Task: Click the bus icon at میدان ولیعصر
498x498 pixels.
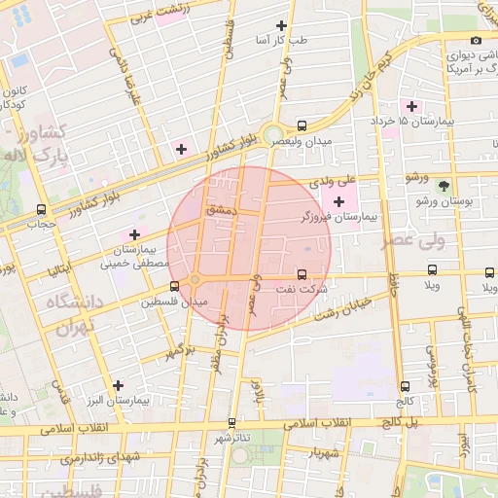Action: coord(302,125)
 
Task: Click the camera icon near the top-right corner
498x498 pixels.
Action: coord(476,40)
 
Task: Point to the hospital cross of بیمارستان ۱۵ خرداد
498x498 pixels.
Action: coord(411,106)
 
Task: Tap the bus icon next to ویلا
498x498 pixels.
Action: coord(433,270)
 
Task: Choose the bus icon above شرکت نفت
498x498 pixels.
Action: coord(302,274)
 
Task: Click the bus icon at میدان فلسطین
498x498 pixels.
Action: coord(174,286)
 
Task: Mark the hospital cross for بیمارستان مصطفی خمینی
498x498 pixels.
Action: coord(134,234)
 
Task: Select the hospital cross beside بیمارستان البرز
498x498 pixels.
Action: coord(119,385)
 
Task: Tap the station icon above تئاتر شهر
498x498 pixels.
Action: coord(231,423)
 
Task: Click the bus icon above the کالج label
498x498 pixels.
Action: coord(405,385)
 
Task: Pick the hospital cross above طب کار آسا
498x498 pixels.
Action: coord(282,25)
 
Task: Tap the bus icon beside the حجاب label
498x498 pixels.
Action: coord(40,209)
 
